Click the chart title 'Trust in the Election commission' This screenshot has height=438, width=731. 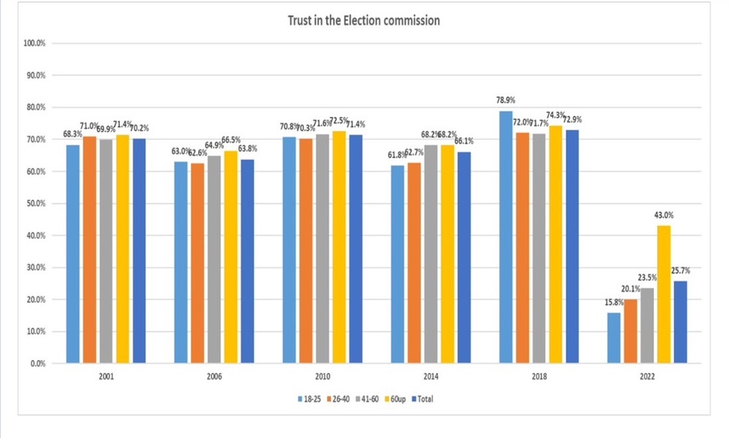pyautogui.click(x=364, y=20)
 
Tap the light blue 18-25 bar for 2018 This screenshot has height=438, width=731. pyautogui.click(x=506, y=237)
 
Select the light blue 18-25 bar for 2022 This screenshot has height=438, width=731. pyautogui.click(x=613, y=338)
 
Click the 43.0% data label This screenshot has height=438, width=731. pyautogui.click(x=664, y=215)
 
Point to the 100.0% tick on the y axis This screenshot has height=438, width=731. pyautogui.click(x=34, y=43)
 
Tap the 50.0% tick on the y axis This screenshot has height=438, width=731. pyautogui.click(x=36, y=204)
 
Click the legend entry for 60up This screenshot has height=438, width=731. pyautogui.click(x=398, y=399)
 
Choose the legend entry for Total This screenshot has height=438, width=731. pyautogui.click(x=428, y=399)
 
